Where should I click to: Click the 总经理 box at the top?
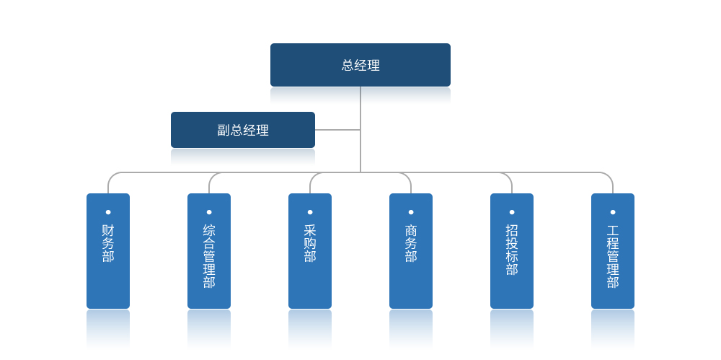pyautogui.click(x=360, y=65)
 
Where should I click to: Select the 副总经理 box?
pyautogui.click(x=243, y=130)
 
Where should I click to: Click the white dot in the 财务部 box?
pyautogui.click(x=108, y=212)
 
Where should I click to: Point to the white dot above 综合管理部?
pyautogui.click(x=209, y=212)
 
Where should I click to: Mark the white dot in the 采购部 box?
pyautogui.click(x=310, y=212)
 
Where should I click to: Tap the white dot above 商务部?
pyautogui.click(x=411, y=212)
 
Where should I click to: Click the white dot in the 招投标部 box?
pyautogui.click(x=512, y=212)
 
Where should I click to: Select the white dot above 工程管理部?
pyautogui.click(x=613, y=212)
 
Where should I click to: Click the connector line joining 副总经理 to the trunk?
pyautogui.click(x=337, y=130)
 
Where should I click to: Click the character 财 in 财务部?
pyautogui.click(x=108, y=230)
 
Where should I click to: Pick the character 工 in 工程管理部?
pyautogui.click(x=613, y=230)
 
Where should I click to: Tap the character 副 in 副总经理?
pyautogui.click(x=224, y=131)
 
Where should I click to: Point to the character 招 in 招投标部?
pyautogui.click(x=512, y=230)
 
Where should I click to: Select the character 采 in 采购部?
pyautogui.click(x=310, y=230)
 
